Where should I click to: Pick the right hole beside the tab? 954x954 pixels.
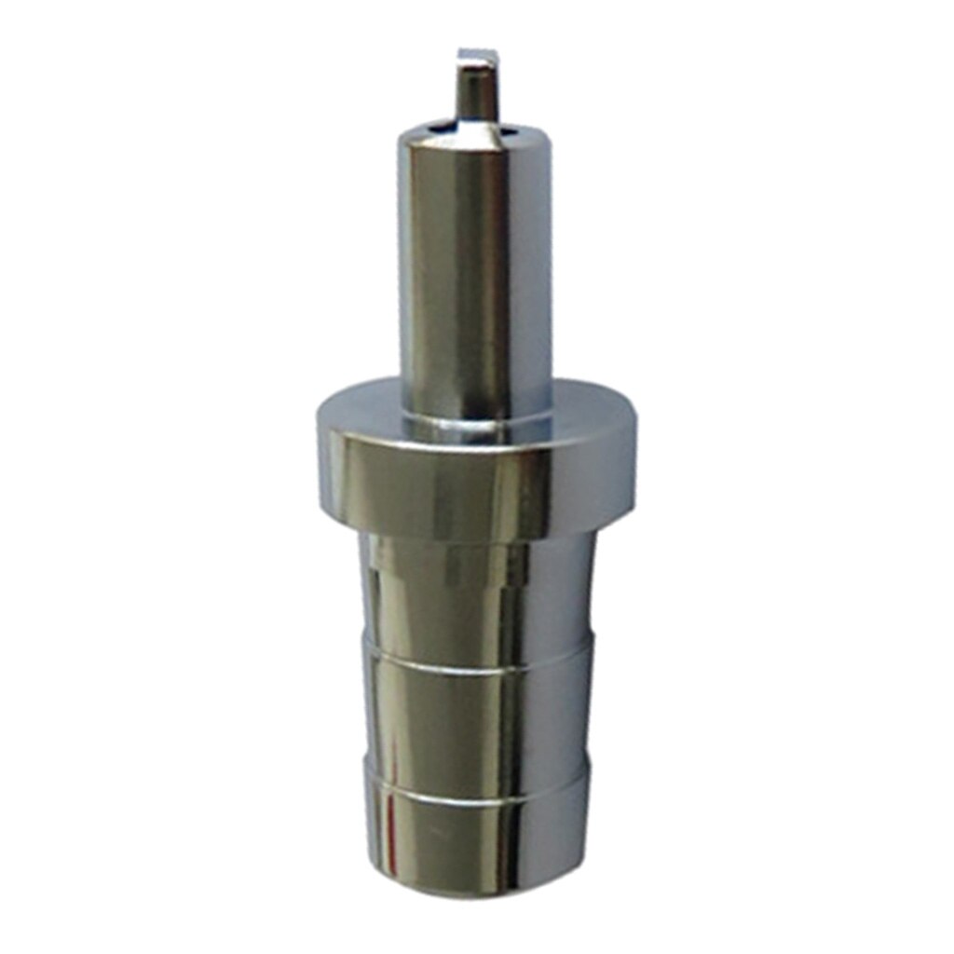[510, 133]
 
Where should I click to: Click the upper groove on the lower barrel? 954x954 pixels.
[477, 660]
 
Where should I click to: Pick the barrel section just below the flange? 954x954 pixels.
[477, 596]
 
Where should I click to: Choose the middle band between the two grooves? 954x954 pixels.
[477, 727]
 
